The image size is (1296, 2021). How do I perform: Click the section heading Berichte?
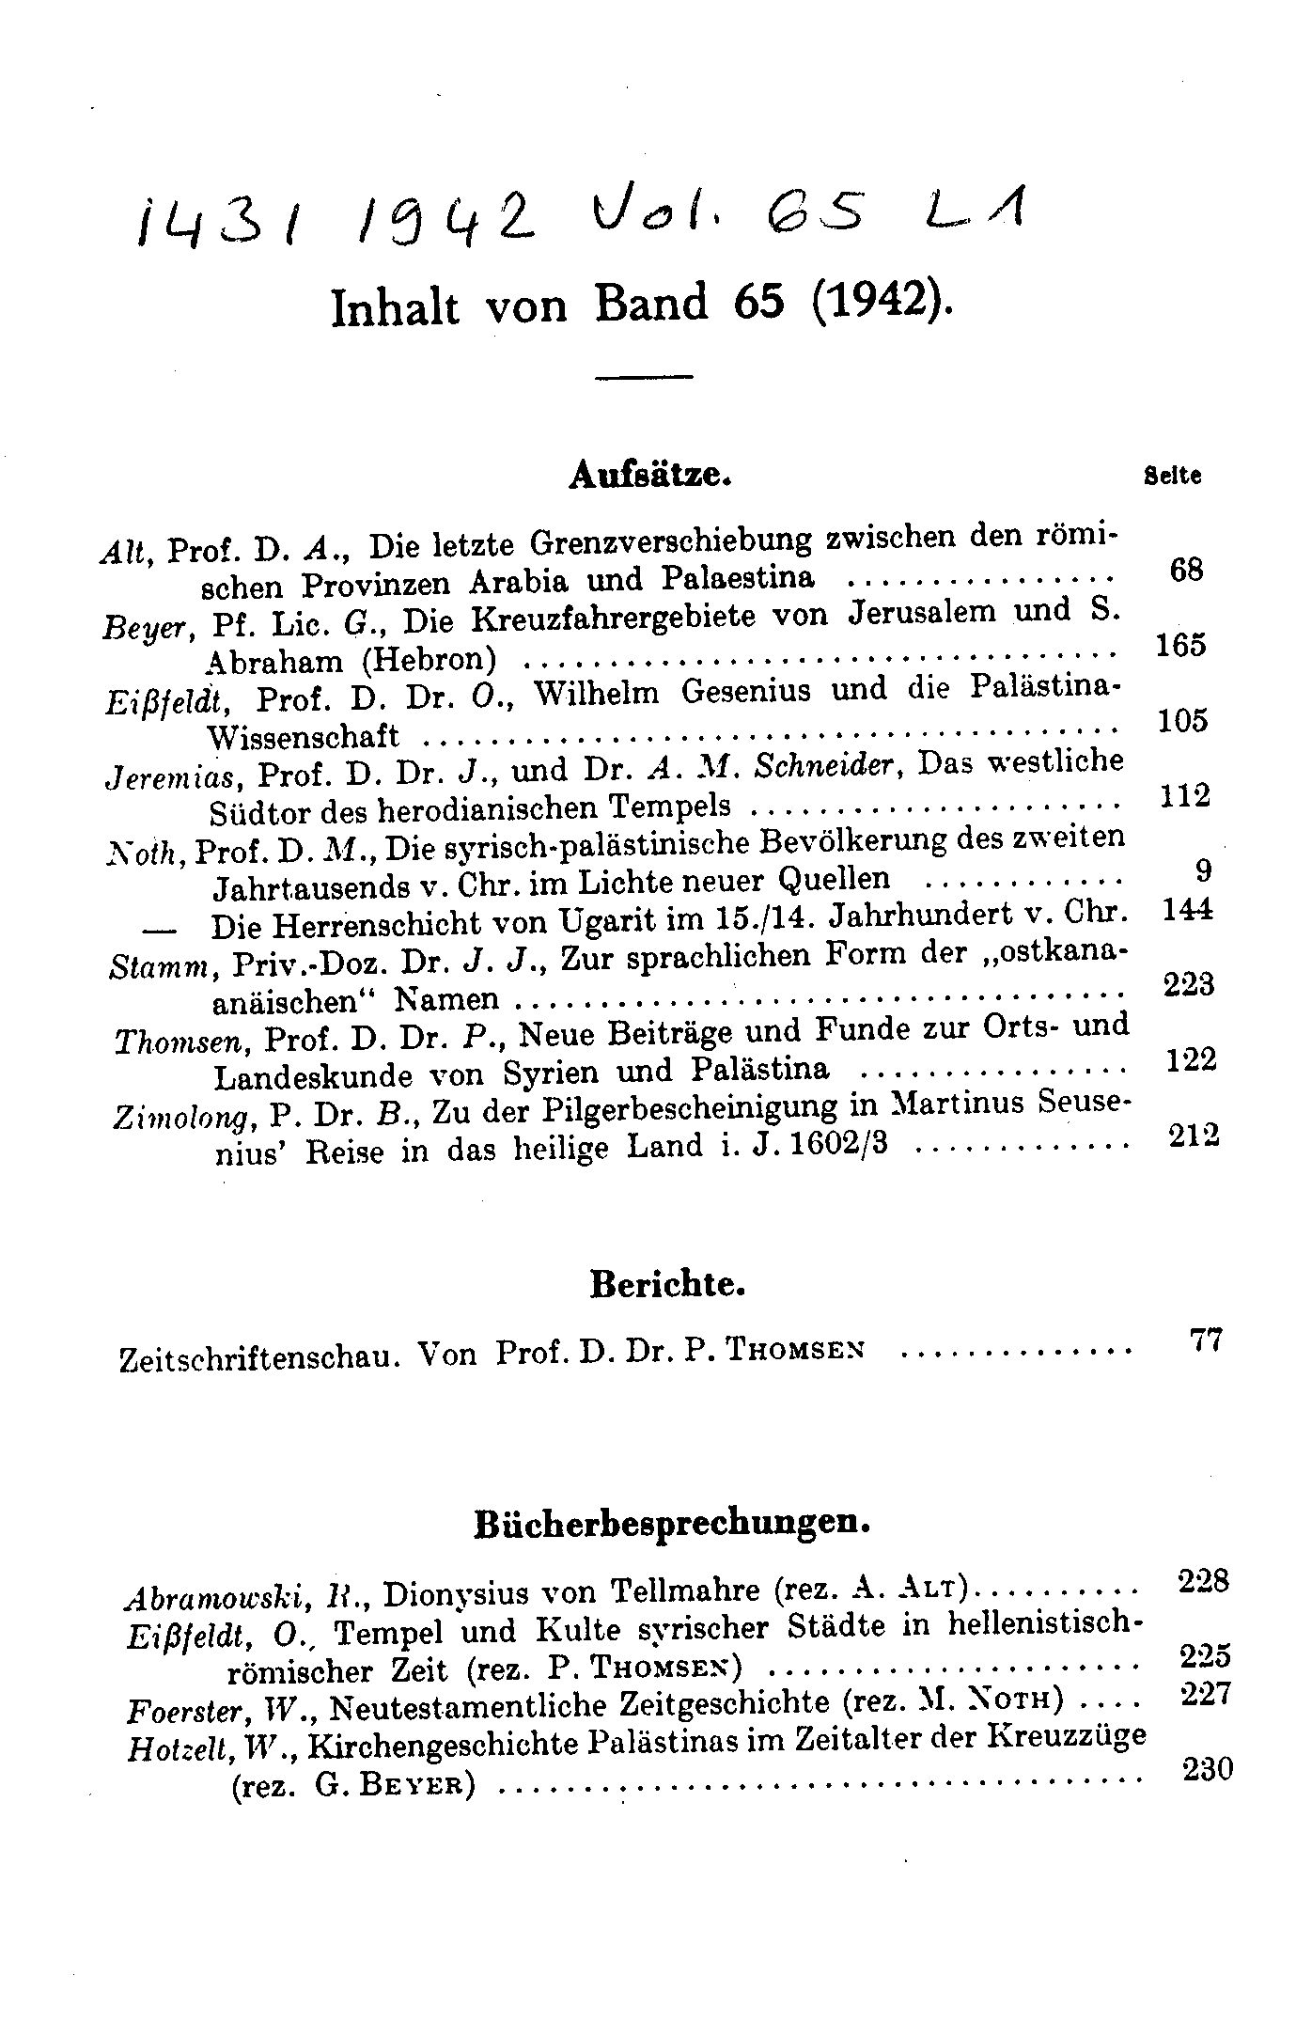pyautogui.click(x=667, y=1283)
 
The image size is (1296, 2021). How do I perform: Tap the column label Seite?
pyautogui.click(x=1172, y=476)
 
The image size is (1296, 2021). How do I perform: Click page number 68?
pyautogui.click(x=1187, y=569)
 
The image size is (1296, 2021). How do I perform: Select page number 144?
pyautogui.click(x=1188, y=910)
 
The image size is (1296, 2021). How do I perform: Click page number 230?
pyautogui.click(x=1207, y=1769)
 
